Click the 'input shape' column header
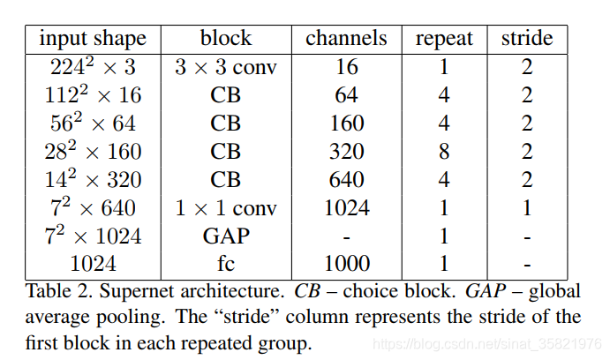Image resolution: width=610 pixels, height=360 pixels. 93,39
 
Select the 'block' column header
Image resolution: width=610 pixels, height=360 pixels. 226,39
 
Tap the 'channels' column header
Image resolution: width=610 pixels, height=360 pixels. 346,39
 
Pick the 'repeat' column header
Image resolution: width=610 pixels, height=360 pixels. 445,39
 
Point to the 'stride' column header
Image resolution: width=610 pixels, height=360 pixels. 527,39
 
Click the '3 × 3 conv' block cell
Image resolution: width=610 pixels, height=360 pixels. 226,67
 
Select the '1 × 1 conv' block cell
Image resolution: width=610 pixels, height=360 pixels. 226,208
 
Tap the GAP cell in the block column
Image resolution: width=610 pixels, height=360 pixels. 226,236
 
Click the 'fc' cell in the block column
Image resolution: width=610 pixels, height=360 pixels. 226,264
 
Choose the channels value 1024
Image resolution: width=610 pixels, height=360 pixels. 346,208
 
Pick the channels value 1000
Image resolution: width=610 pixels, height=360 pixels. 346,264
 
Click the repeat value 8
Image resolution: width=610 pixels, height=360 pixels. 445,152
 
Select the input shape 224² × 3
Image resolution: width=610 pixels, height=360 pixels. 93,67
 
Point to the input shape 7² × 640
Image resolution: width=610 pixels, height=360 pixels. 93,208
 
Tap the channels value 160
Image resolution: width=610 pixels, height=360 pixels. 346,124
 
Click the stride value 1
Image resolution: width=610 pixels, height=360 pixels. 527,208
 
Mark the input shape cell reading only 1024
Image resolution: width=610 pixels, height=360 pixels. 93,264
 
